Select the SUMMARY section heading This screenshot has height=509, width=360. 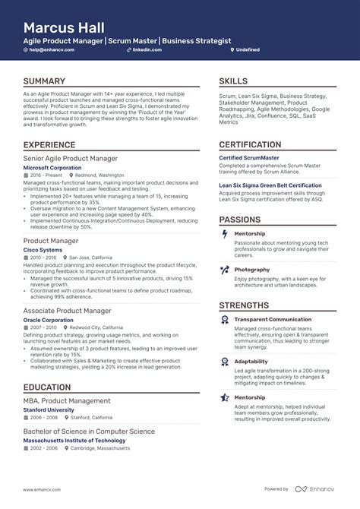(44, 81)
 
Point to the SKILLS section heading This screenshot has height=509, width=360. (233, 81)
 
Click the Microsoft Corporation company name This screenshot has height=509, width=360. (53, 167)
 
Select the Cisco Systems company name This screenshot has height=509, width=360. (43, 249)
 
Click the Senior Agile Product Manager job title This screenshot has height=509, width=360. (71, 159)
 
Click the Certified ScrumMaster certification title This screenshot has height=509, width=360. (249, 158)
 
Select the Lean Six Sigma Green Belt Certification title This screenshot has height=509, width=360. (270, 185)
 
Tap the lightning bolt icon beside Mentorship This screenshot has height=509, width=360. (224, 234)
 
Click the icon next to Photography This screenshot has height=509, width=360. (224, 270)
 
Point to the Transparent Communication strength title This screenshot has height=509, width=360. (273, 320)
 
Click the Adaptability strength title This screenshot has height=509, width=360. (251, 362)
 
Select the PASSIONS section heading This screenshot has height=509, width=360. (240, 219)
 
